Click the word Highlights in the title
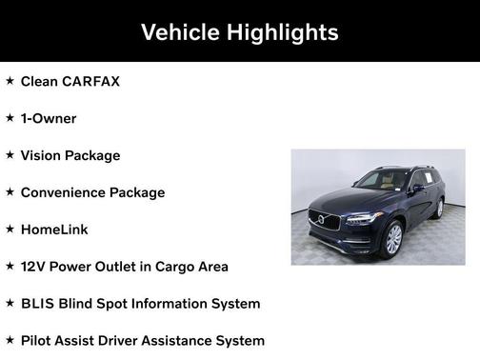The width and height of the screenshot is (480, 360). coord(283,31)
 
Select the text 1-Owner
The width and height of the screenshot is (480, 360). coord(49,118)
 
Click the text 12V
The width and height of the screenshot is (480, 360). coord(33,267)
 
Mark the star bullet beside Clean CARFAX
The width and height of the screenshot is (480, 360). coord(10,81)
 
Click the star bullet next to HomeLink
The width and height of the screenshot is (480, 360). coord(10,230)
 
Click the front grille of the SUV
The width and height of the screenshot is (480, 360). coord(330,221)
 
